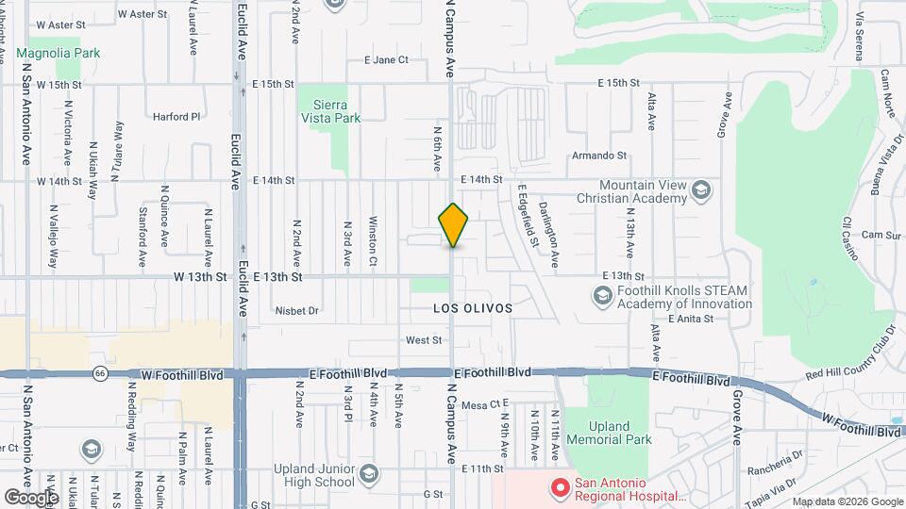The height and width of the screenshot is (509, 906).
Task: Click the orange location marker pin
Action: tap(454, 225)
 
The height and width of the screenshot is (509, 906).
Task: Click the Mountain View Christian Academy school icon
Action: tap(701, 192)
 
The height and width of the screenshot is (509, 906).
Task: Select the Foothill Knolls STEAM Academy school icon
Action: tap(602, 297)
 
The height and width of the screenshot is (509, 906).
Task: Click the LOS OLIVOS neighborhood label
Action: tap(472, 308)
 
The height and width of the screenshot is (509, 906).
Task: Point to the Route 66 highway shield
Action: tap(100, 374)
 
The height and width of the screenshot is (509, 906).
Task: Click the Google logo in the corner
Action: tap(31, 497)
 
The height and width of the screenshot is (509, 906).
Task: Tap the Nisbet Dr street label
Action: tap(297, 310)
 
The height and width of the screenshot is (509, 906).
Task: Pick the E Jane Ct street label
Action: tap(386, 59)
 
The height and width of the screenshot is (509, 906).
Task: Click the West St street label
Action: tap(424, 340)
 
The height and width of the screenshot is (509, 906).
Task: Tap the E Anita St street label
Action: tap(693, 319)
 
